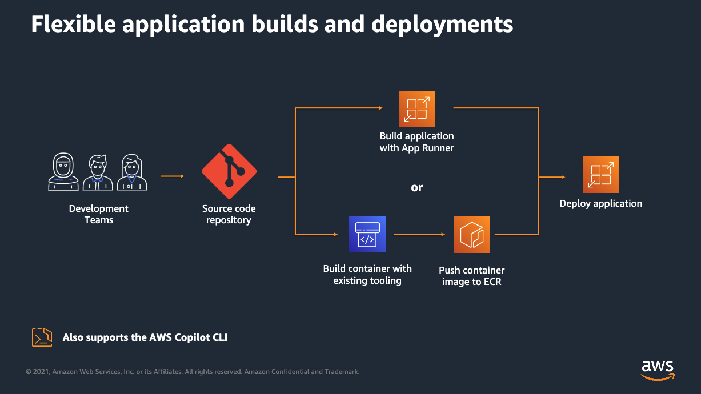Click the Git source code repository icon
229,172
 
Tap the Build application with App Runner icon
416,109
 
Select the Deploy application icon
600,175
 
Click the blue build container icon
367,234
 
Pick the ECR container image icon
472,235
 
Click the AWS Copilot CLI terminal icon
42,337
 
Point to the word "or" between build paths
417,187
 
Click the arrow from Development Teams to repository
173,176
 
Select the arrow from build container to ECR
419,234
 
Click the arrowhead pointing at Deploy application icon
562,177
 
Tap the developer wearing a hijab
63,172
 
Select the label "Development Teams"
99,214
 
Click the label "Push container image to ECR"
472,276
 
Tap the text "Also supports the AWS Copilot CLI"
145,337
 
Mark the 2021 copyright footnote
193,372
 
